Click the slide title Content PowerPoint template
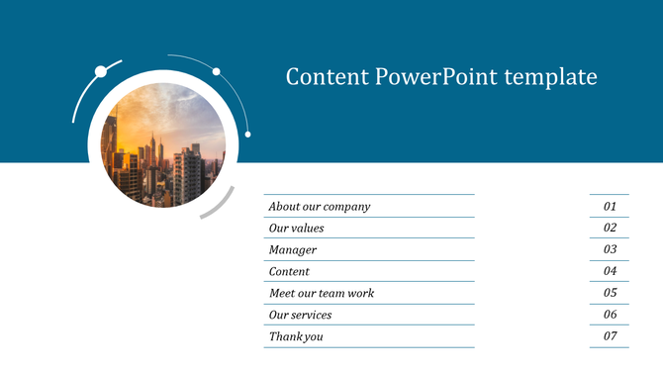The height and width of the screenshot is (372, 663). click(441, 76)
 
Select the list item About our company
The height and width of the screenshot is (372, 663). click(320, 207)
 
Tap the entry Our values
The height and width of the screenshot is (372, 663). click(297, 229)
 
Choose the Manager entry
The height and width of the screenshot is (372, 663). click(293, 250)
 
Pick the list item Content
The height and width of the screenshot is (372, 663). click(290, 271)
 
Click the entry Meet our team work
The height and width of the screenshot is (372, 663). click(322, 293)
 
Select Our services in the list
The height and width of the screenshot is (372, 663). click(301, 315)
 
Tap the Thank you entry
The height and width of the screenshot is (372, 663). click(297, 336)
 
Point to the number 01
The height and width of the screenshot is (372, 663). click(611, 207)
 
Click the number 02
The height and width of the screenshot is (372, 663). click(611, 229)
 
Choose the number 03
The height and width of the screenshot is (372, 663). click(611, 250)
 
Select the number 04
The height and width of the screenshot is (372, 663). click(611, 271)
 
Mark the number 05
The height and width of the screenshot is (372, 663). click(611, 293)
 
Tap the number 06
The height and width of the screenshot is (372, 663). click(611, 315)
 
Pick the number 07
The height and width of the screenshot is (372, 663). click(611, 336)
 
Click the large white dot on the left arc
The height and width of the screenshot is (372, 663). click(100, 70)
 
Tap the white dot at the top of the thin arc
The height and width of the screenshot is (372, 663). click(216, 71)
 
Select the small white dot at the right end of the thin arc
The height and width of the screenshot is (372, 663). click(247, 134)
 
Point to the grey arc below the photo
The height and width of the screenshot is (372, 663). click(219, 204)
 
